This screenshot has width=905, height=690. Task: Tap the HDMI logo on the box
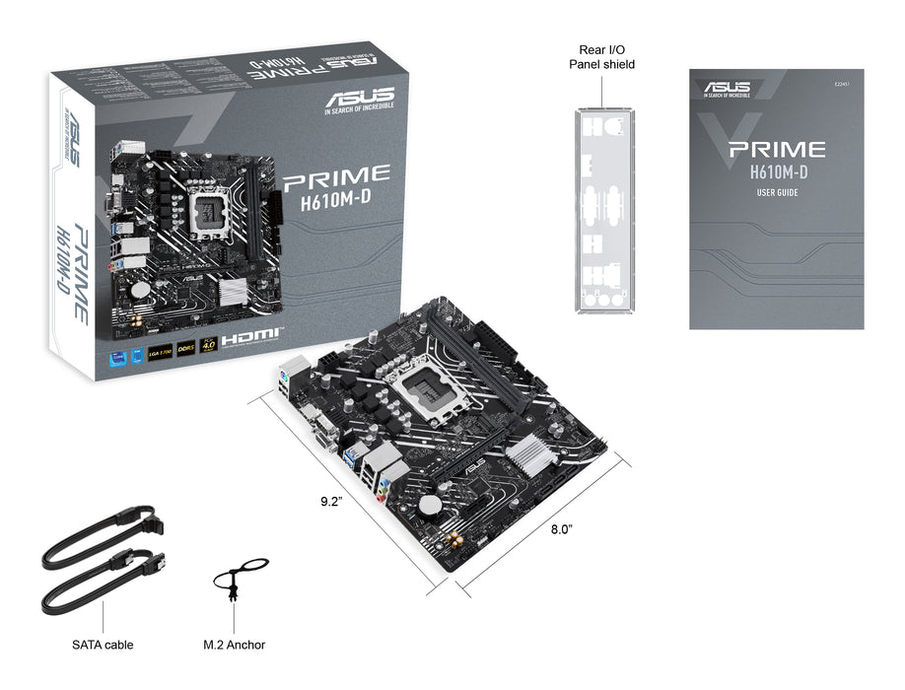(x=251, y=338)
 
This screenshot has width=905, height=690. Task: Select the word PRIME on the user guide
(x=776, y=150)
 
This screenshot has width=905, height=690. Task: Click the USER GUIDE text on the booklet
(x=774, y=192)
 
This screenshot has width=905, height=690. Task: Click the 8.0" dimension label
(x=562, y=529)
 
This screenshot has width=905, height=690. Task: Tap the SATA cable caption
(x=103, y=645)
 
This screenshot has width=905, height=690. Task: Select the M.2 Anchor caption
(x=234, y=645)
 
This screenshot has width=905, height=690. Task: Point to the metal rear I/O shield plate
(x=601, y=209)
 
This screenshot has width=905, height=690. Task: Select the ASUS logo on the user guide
(x=728, y=88)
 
